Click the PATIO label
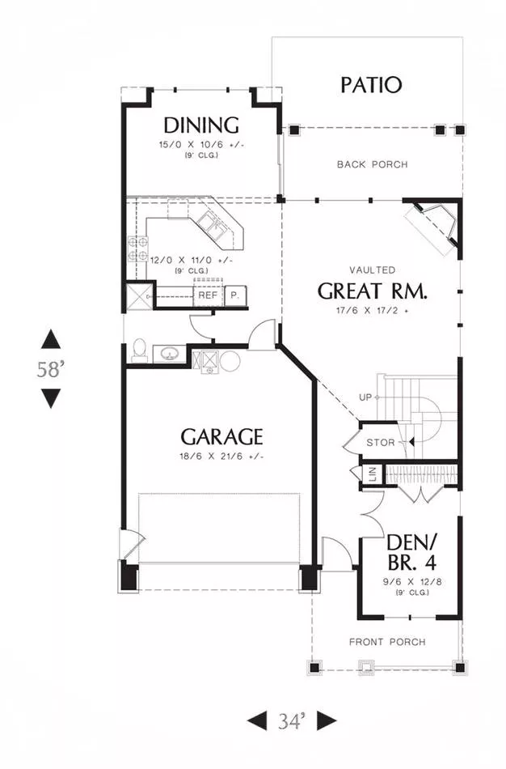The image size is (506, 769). tap(371, 85)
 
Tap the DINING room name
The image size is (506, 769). tap(200, 125)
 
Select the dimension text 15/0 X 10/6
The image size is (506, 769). tap(201, 145)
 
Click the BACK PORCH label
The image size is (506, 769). tap(373, 164)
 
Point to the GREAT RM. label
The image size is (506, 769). tap(373, 291)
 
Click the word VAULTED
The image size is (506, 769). tap(373, 270)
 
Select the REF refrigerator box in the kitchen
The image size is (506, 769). tap(208, 295)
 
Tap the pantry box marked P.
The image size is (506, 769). tap(235, 295)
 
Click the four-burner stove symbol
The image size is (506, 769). tap(137, 249)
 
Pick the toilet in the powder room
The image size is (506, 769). tap(140, 351)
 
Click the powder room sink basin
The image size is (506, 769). tap(170, 354)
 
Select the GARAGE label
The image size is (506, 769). tap(221, 436)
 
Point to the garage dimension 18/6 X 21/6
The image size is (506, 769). tap(221, 457)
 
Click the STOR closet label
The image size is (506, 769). tap(381, 443)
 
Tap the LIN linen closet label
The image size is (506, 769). tap(373, 474)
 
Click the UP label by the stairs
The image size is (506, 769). tap(365, 397)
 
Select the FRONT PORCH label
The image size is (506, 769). tap(387, 642)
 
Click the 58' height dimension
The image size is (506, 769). tap(51, 369)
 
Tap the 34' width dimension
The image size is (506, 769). tap(292, 721)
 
